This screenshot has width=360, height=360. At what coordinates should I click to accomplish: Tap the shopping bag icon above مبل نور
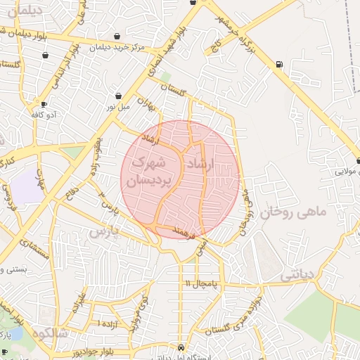tap(118, 96)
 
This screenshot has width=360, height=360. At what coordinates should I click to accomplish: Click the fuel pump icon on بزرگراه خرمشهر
tap(280, 65)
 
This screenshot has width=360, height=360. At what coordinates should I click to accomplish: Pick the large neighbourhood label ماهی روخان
tap(294, 212)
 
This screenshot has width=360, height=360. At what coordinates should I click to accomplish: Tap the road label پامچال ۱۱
tap(204, 283)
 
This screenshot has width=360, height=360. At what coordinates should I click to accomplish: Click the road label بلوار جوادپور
tap(91, 349)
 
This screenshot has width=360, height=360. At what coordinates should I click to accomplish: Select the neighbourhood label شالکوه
tap(58, 333)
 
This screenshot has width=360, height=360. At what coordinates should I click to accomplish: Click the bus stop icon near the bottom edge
tap(182, 347)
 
